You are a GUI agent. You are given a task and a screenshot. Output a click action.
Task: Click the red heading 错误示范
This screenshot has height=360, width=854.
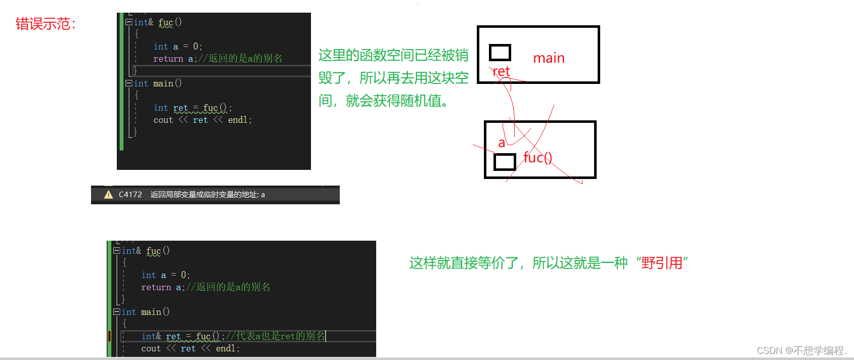point(45,24)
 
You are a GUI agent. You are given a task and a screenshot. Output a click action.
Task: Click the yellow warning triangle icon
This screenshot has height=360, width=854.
point(108,195)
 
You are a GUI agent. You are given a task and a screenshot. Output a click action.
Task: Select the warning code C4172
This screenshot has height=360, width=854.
point(130,195)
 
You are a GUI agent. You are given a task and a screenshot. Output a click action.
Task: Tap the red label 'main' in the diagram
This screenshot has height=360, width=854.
point(549,58)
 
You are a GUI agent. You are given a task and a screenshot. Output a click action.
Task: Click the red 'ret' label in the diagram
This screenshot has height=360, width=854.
point(501,71)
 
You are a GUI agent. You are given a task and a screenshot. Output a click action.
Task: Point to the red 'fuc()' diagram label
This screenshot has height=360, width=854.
point(537,157)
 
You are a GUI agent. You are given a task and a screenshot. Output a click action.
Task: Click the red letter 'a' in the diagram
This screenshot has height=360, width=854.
point(502,143)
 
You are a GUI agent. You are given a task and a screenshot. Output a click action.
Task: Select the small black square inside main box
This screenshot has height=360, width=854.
point(500,52)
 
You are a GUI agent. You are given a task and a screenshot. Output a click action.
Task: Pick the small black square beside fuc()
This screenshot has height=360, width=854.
point(504,162)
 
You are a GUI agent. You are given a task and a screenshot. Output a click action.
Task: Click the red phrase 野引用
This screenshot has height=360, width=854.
point(662,263)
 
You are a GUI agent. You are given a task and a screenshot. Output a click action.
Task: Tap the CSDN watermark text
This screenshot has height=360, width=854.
point(801,350)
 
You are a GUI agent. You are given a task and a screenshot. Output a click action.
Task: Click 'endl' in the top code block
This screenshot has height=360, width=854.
point(238,120)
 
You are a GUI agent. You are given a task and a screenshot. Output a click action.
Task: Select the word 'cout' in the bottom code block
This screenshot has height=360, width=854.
point(151,348)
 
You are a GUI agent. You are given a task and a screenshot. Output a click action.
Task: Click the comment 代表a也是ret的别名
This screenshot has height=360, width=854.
point(276,336)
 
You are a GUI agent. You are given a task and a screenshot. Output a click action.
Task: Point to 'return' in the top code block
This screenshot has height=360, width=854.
point(168,59)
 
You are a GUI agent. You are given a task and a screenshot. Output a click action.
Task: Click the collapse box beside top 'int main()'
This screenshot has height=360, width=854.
point(129,83)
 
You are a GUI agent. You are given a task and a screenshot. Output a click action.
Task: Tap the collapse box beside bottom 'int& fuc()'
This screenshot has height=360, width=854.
point(117,250)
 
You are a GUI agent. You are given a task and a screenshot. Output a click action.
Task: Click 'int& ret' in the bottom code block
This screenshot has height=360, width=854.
point(161,336)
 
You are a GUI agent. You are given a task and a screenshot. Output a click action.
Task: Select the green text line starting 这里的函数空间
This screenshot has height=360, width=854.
point(393,55)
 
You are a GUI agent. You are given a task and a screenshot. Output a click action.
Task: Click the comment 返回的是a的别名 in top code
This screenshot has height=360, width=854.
point(240,58)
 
